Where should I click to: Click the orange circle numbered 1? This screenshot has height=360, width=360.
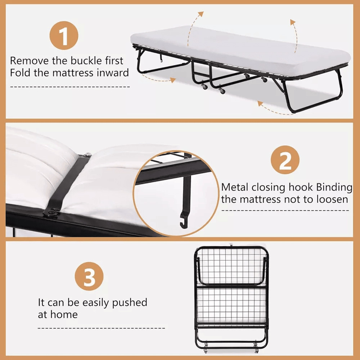[x=64, y=36]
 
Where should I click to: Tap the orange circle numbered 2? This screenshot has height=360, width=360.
[x=285, y=160]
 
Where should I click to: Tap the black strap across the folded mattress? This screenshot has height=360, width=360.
[x=68, y=184]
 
